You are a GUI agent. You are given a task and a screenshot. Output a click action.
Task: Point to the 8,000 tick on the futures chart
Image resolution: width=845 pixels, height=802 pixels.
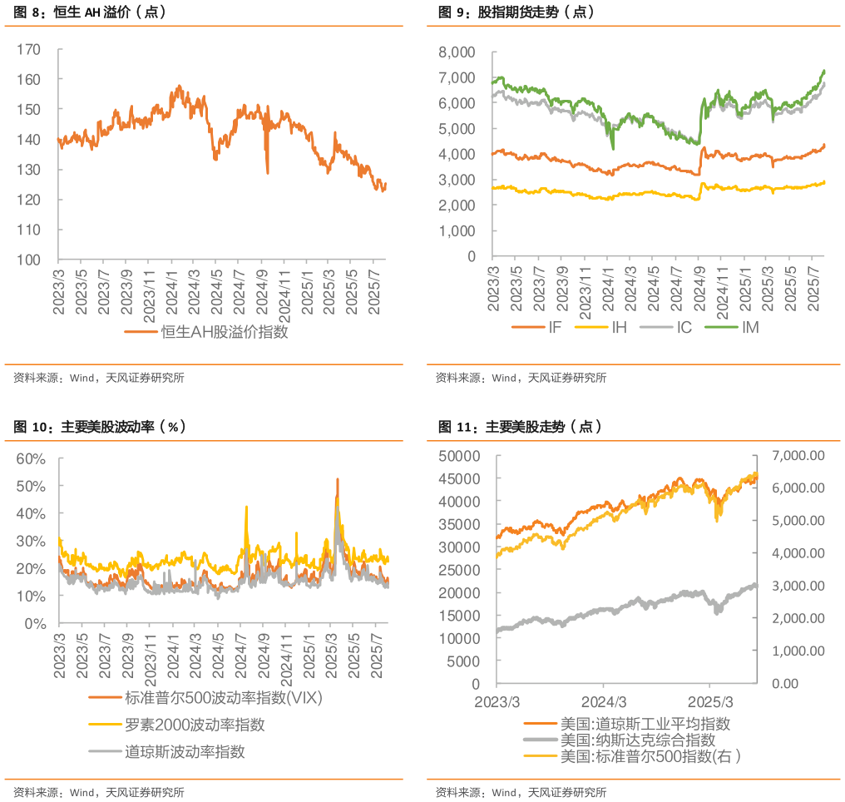(457, 52)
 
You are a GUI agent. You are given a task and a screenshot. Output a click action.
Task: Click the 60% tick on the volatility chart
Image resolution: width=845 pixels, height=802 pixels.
(30, 458)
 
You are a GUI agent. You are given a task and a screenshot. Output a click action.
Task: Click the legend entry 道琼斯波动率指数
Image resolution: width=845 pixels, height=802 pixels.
(184, 753)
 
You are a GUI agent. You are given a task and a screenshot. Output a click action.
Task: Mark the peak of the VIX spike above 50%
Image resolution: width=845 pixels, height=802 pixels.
(337, 478)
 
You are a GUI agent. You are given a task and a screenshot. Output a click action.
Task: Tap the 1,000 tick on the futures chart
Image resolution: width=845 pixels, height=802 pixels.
(457, 231)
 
